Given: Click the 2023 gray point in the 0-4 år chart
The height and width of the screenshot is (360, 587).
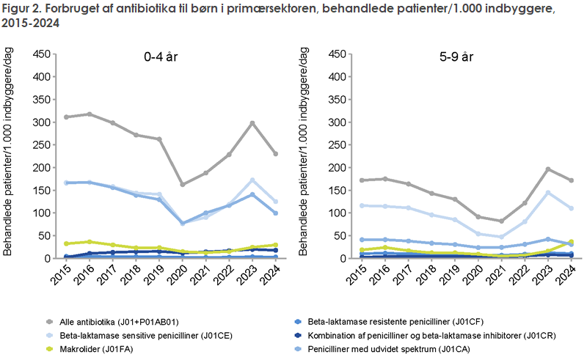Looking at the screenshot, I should pyautogui.click(x=252, y=122).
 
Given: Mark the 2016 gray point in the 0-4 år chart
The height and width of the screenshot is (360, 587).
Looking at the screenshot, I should pyautogui.click(x=90, y=114).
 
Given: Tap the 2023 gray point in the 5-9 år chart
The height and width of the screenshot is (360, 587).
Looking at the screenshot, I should pyautogui.click(x=547, y=169).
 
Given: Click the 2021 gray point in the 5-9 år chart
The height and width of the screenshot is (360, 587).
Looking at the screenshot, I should pyautogui.click(x=501, y=221).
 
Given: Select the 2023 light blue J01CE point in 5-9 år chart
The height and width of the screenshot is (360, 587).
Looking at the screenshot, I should pyautogui.click(x=547, y=192).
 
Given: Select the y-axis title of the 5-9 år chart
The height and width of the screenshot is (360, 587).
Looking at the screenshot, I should pyautogui.click(x=301, y=156).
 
